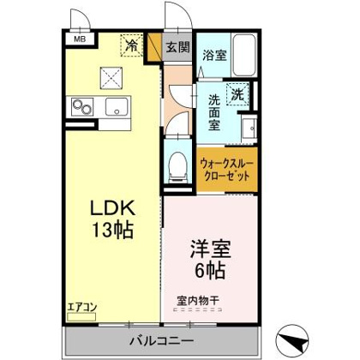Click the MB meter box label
80,39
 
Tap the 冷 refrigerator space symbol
131,45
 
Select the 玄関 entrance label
178,47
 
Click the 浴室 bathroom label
215,55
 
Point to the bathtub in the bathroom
244,55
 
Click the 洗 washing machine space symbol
237,94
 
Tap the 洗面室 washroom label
214,112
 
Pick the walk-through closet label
227,170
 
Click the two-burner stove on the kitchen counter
82,107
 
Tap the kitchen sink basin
117,106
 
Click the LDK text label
112,208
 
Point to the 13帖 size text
112,230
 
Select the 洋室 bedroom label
210,249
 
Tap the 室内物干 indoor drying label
198,301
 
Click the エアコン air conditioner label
82,308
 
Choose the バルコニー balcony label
162,341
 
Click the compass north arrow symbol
293,339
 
